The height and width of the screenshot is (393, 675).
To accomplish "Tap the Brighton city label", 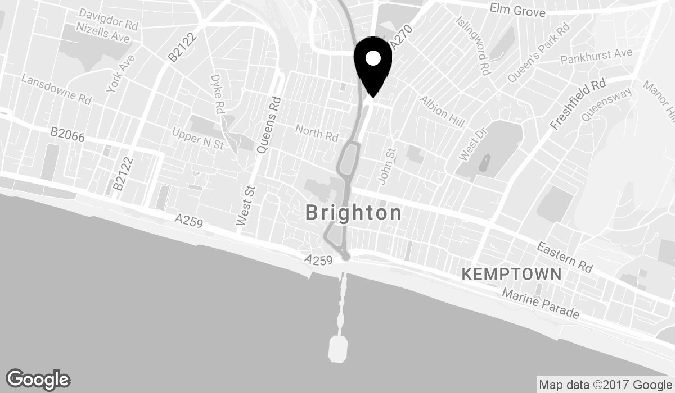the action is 354,213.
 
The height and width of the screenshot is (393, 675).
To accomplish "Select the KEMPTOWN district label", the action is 511,274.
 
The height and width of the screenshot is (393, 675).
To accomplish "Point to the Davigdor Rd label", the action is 108,19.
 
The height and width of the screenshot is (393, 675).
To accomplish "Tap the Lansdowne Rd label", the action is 56,89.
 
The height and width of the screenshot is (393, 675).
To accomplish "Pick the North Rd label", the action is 317,133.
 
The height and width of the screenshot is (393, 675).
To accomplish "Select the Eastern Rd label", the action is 564,257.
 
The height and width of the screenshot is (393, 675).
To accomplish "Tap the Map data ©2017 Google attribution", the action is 605,385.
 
